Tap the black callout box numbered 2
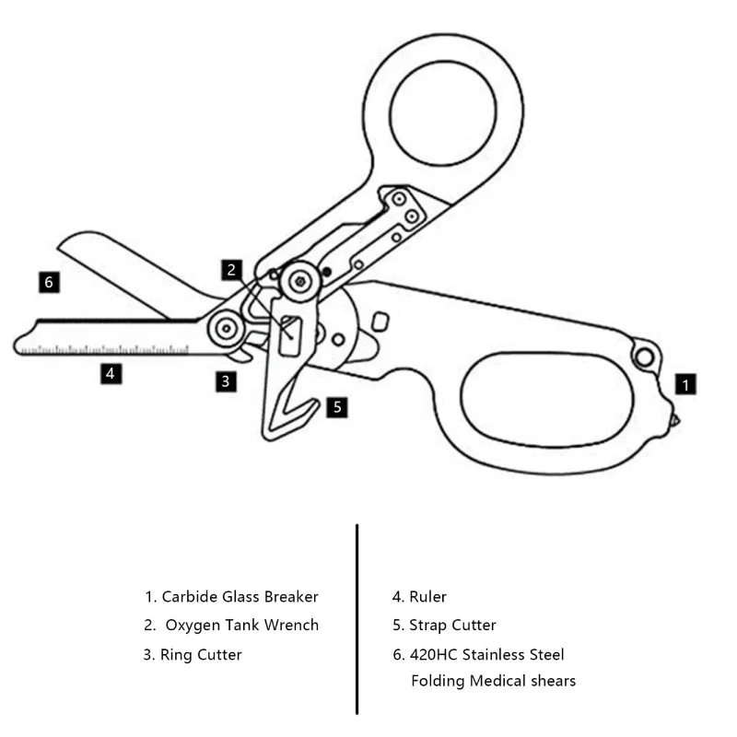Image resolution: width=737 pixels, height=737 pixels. point(232,270)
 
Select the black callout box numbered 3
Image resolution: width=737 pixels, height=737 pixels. point(226,380)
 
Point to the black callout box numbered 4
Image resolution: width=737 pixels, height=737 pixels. point(110,373)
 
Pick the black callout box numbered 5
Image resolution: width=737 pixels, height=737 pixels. point(337,405)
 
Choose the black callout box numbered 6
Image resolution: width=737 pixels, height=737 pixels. point(49,282)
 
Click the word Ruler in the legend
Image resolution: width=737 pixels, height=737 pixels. point(428,597)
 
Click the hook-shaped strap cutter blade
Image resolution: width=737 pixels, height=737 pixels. point(287,405)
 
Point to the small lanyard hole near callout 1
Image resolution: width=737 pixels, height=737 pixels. point(645,355)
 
